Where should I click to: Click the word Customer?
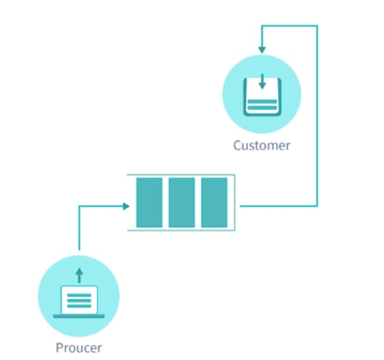262,146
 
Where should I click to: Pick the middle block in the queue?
182,203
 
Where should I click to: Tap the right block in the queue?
214,203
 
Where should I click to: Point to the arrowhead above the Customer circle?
262,48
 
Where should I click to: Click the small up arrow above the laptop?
80,273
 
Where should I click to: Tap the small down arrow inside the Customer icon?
262,83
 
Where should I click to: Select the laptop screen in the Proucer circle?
80,298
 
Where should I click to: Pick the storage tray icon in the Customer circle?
262,98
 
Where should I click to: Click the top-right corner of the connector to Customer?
318,26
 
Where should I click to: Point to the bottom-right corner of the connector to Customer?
318,205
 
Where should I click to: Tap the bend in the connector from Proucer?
80,205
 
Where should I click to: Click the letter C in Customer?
237,146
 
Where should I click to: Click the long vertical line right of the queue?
318,116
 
